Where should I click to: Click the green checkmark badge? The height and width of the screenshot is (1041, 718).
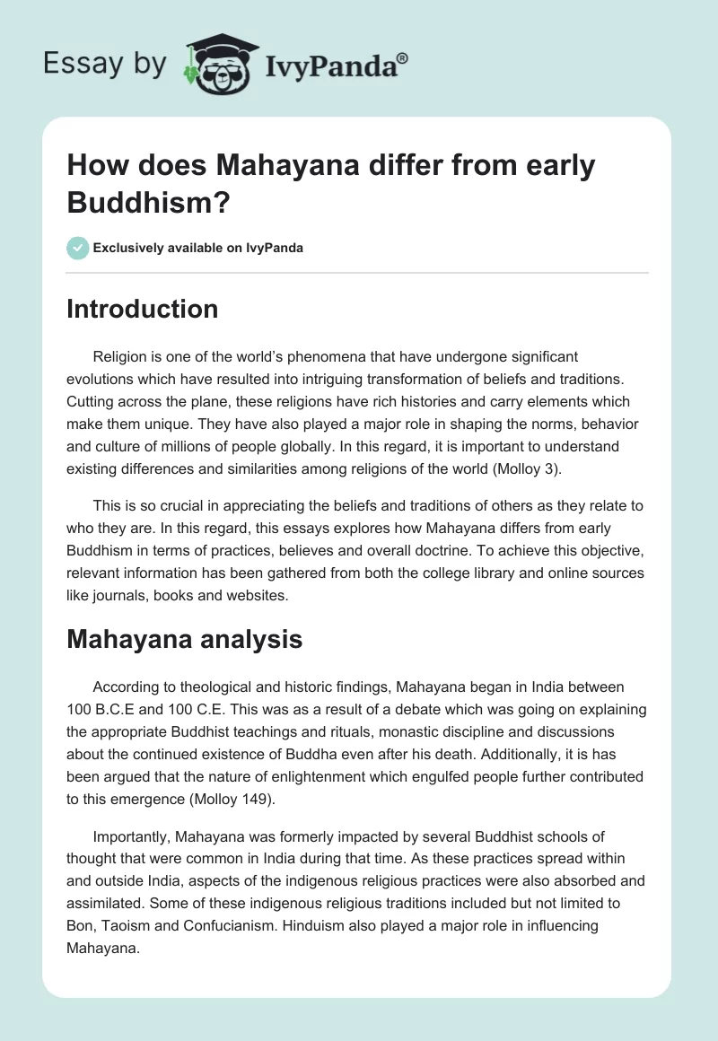click(x=78, y=248)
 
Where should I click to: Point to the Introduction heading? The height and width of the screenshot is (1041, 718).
click(x=143, y=309)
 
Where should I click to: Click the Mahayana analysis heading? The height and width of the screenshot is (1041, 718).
click(x=185, y=639)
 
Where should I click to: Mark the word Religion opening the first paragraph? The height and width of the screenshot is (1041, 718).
click(x=124, y=357)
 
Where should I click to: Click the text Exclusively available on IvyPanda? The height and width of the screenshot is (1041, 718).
click(x=198, y=248)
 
